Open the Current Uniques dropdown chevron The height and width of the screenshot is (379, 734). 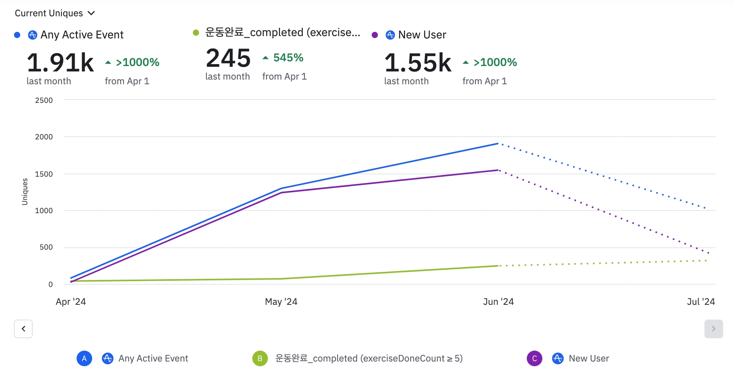[91, 13]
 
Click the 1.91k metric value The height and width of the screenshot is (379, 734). [60, 63]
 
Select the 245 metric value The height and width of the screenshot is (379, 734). [228, 58]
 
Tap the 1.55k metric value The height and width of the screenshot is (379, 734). [418, 63]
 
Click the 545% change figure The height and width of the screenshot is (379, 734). [288, 58]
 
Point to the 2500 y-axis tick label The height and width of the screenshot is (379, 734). [44, 100]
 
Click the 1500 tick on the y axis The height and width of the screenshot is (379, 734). [44, 174]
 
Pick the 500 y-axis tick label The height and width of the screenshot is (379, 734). [46, 247]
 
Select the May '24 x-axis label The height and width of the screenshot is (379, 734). [281, 302]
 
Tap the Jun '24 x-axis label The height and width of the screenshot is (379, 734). [498, 302]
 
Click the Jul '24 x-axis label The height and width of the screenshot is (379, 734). [701, 302]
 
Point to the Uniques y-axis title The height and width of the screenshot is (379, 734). [25, 191]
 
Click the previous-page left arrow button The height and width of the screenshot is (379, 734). [23, 329]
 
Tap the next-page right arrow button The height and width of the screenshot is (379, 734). [713, 329]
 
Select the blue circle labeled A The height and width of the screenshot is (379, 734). [84, 358]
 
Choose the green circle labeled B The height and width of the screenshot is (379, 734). [260, 358]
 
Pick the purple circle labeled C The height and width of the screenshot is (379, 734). [535, 358]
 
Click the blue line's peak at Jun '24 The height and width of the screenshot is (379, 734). [498, 144]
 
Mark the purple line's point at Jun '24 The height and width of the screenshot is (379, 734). [498, 170]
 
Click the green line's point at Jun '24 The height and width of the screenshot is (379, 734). [498, 266]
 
